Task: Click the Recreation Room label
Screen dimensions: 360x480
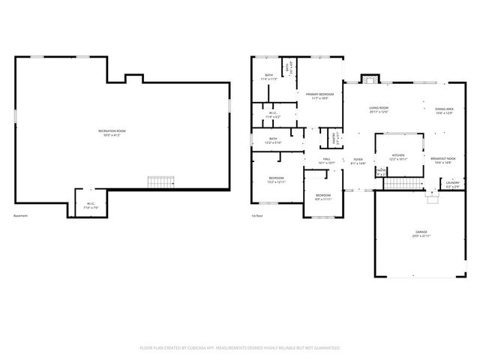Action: click(x=111, y=132)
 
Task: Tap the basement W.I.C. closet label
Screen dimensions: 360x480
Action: click(x=90, y=204)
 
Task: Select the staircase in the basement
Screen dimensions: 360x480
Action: click(x=160, y=181)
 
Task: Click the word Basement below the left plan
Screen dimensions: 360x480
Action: click(x=20, y=216)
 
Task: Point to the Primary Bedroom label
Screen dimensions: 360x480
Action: click(x=319, y=95)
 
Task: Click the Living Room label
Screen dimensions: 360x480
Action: click(x=378, y=110)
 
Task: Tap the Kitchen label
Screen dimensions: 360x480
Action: click(x=398, y=157)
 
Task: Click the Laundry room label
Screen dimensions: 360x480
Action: click(x=452, y=183)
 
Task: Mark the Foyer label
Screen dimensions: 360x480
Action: click(x=358, y=161)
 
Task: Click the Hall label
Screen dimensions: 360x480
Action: click(x=327, y=160)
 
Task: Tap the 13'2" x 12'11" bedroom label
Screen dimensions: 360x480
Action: click(x=277, y=179)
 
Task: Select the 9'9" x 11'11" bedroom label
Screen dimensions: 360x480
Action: click(x=322, y=196)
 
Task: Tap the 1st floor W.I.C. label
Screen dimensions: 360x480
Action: click(x=273, y=115)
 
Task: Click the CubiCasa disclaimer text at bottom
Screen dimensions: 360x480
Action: click(x=240, y=348)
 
